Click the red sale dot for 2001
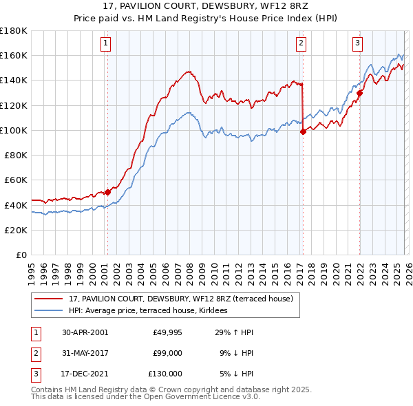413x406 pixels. click(x=107, y=193)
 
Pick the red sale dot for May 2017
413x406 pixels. click(x=303, y=131)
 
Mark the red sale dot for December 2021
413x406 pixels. click(x=359, y=93)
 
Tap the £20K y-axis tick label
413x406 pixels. click(x=16, y=230)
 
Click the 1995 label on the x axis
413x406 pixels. click(x=31, y=268)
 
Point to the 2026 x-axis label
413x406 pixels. click(x=407, y=268)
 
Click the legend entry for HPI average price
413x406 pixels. click(x=153, y=311)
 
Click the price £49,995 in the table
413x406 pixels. click(x=167, y=332)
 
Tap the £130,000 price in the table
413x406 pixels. click(x=166, y=374)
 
